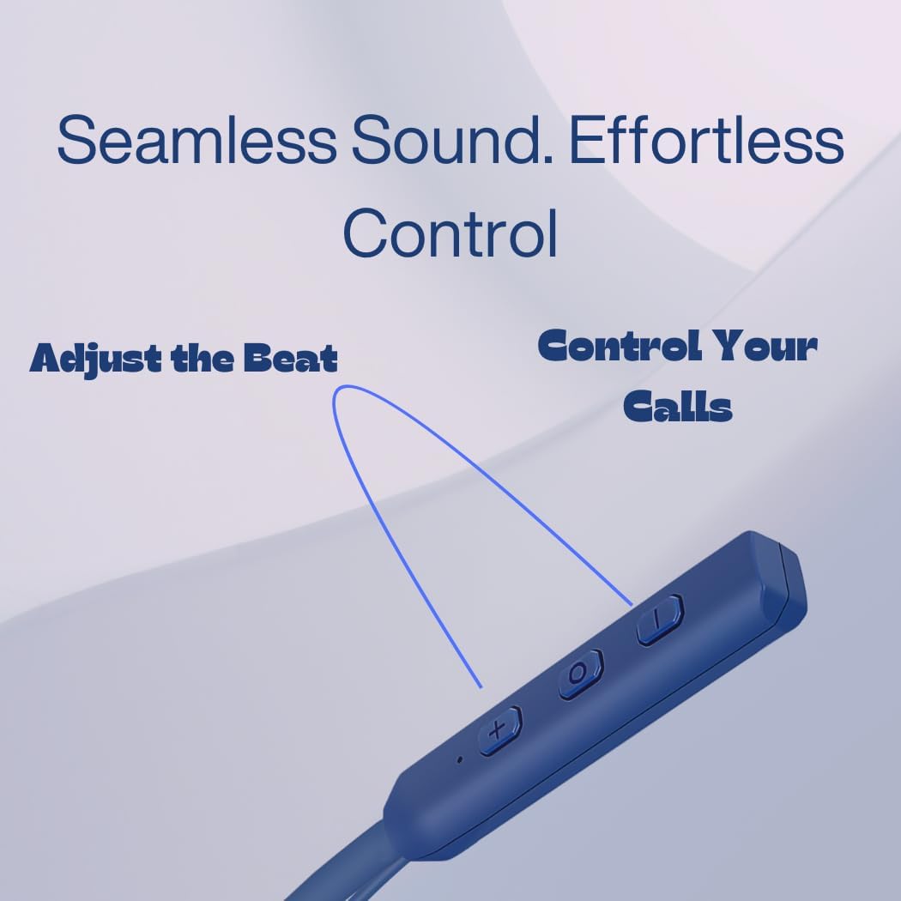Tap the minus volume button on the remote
coord(661,620)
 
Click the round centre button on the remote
coord(581,674)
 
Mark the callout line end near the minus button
coord(632,606)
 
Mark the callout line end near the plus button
coord(481,686)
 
